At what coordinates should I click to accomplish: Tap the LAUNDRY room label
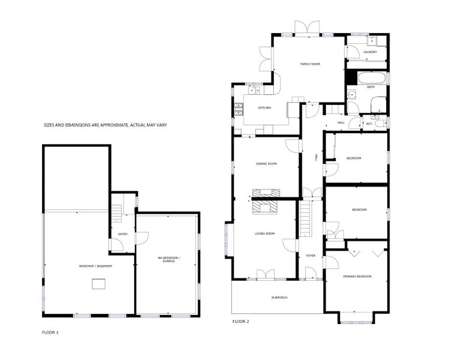click(x=370, y=52)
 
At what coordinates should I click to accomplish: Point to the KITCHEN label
click(x=264, y=107)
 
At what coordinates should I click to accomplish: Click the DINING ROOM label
click(x=267, y=163)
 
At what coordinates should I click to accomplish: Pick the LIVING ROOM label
click(x=264, y=233)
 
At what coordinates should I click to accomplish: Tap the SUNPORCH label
click(x=279, y=297)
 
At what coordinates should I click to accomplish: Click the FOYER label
click(x=311, y=255)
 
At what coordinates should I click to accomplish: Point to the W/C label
click(x=369, y=124)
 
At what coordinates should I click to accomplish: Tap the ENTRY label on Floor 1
click(x=123, y=234)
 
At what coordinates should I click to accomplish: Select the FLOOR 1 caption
click(x=50, y=331)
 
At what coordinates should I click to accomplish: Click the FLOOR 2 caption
click(x=240, y=322)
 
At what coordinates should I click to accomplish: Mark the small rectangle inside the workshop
click(x=98, y=285)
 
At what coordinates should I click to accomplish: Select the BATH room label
click(x=370, y=87)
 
